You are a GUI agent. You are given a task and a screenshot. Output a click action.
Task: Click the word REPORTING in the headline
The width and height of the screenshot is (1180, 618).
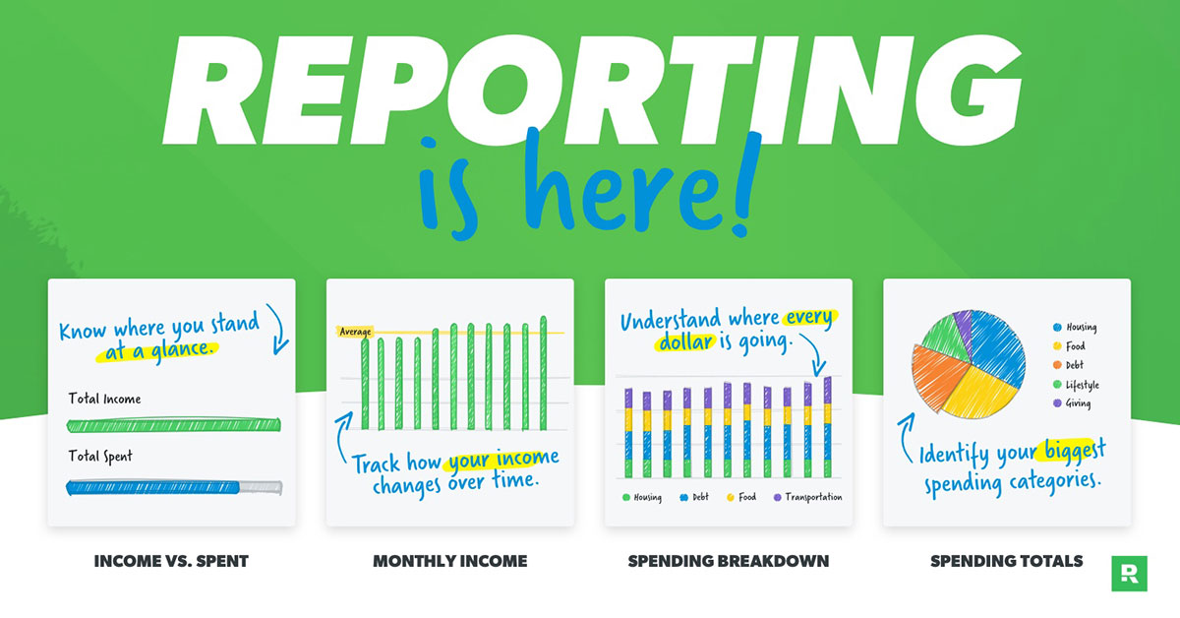(593, 90)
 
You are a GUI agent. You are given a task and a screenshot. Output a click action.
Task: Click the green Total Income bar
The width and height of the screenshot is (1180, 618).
(174, 424)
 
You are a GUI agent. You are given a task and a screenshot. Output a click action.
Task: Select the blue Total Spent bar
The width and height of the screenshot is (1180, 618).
(152, 487)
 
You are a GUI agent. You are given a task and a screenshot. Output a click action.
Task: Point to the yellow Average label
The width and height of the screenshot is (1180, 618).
(355, 332)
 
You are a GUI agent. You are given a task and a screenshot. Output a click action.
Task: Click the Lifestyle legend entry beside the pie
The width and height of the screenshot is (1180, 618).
(1076, 385)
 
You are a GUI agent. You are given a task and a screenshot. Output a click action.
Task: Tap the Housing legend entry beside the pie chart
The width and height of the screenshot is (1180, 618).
(1075, 327)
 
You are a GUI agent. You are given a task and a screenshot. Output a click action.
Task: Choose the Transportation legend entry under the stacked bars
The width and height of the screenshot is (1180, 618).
(807, 497)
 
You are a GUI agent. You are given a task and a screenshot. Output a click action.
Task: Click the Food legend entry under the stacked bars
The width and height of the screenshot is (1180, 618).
(741, 497)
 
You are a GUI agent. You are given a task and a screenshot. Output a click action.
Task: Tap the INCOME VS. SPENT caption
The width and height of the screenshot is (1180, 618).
(171, 561)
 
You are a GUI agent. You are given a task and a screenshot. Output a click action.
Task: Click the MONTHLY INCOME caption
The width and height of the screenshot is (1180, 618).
(450, 561)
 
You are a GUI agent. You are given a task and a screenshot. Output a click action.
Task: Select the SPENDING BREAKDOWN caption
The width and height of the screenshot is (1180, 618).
(729, 561)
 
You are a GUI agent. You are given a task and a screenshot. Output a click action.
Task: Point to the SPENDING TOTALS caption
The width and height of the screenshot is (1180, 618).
(1007, 561)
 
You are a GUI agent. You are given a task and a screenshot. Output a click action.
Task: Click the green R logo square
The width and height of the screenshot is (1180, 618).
(1130, 574)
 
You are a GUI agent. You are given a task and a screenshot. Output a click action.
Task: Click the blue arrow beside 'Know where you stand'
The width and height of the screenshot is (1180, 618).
(278, 330)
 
